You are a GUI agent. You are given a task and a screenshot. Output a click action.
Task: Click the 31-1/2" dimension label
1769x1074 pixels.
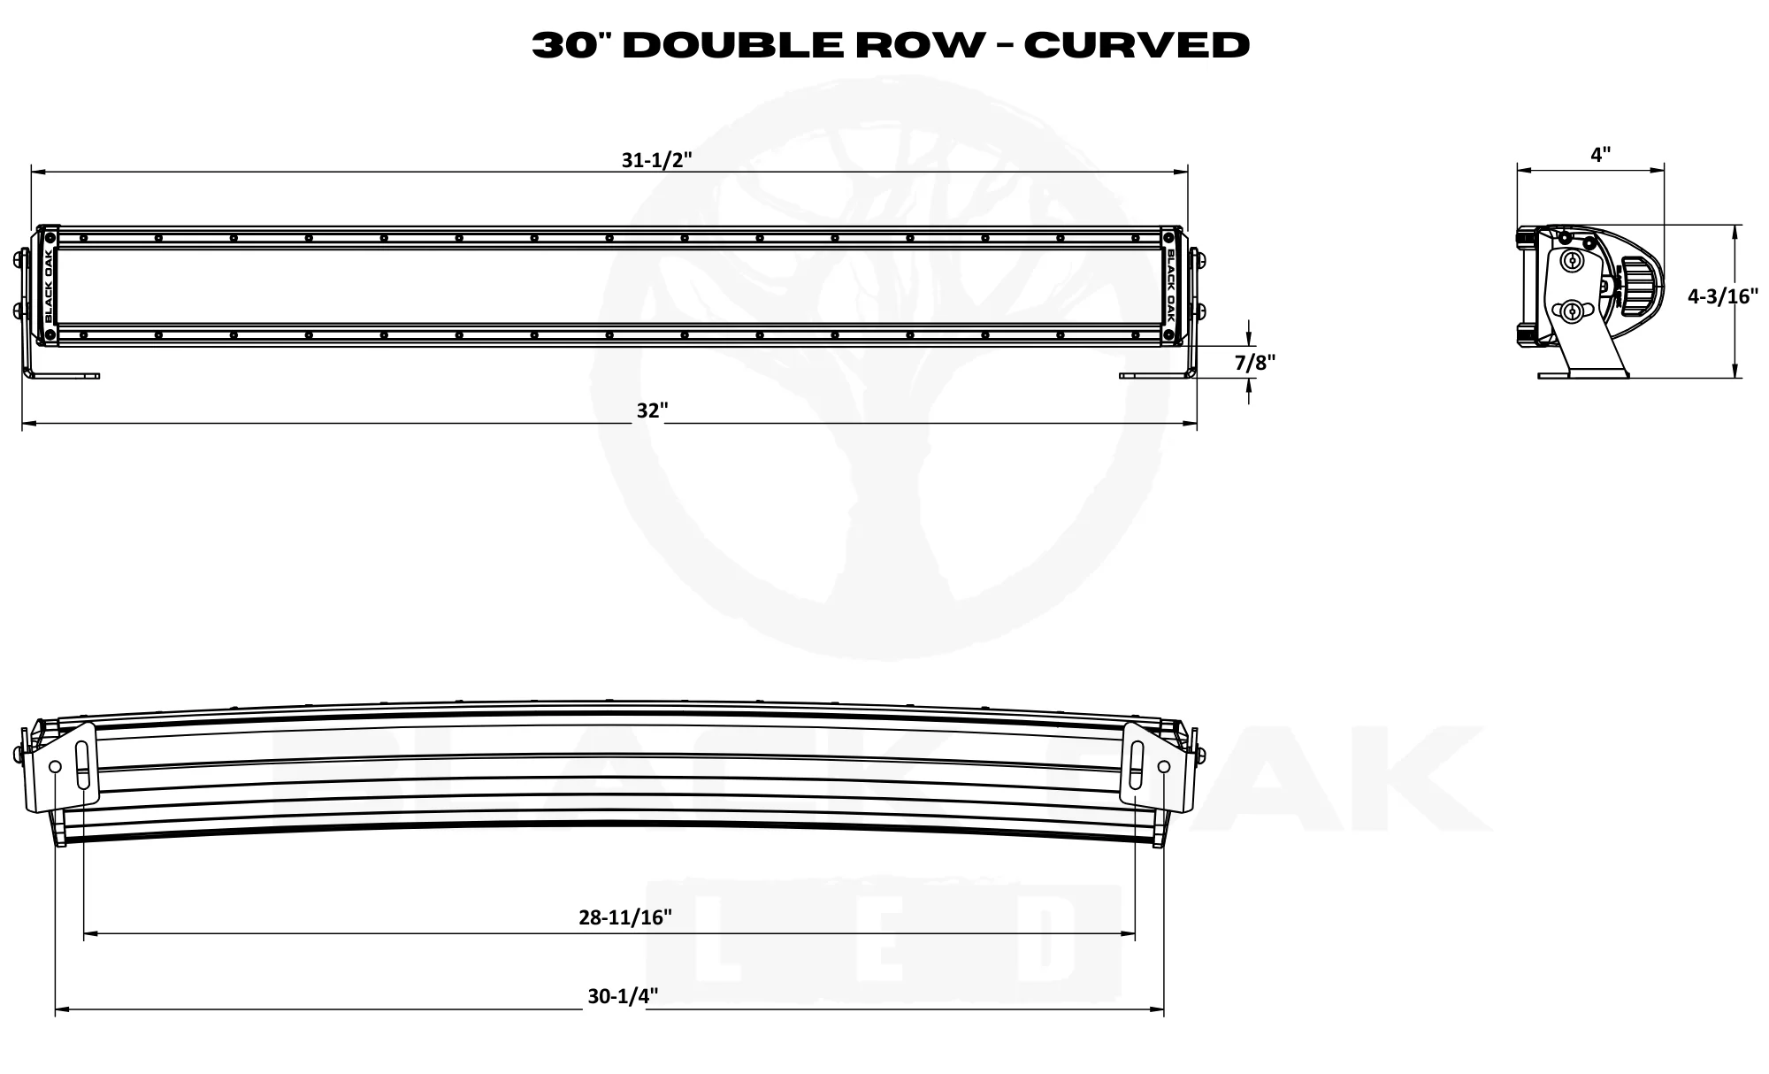(x=655, y=160)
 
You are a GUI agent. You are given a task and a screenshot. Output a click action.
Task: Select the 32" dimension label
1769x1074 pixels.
(x=652, y=411)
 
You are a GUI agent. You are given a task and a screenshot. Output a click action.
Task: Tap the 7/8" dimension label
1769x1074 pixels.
(x=1255, y=362)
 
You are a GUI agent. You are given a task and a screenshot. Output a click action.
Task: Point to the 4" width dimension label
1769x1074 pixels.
(x=1600, y=155)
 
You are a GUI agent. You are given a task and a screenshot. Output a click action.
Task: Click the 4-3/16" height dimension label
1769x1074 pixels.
(x=1723, y=296)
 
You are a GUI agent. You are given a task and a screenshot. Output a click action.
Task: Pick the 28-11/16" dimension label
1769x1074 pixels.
(x=625, y=917)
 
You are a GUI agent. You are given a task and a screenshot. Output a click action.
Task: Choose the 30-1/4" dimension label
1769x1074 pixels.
(x=623, y=996)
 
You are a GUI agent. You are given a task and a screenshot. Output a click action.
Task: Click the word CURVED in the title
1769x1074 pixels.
(x=1137, y=45)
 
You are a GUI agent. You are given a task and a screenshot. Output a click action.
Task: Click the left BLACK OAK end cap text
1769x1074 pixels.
(x=48, y=287)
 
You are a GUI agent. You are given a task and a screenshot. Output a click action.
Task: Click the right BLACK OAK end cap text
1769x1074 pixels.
(x=1171, y=287)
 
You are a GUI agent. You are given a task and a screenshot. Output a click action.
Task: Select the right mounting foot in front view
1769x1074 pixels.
(x=1157, y=375)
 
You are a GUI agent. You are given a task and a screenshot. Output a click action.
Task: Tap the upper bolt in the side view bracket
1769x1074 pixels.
(x=1573, y=260)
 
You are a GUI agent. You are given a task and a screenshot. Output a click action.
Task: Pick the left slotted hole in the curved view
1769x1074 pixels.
(x=82, y=766)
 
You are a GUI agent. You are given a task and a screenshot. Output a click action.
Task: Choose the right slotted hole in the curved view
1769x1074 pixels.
(x=1137, y=766)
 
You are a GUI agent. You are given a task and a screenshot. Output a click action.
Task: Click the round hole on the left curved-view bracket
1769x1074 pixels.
(x=55, y=766)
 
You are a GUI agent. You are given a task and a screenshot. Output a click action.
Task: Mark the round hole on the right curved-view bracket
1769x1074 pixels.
(x=1163, y=766)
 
